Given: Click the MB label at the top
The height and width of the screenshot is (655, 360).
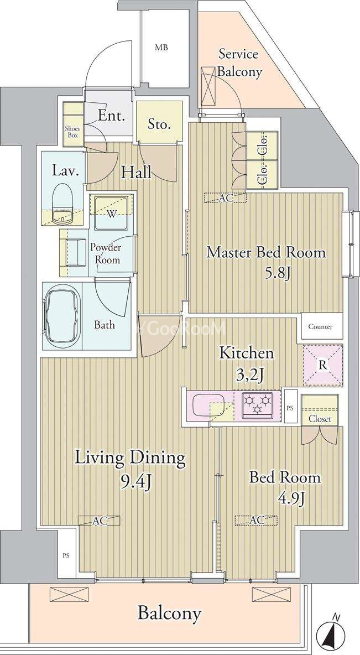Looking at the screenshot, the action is click(161, 48).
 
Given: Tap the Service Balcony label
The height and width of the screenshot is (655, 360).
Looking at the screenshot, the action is click(239, 63).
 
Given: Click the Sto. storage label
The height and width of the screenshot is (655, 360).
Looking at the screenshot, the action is click(159, 124).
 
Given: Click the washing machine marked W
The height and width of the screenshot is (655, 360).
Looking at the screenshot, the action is click(111, 212).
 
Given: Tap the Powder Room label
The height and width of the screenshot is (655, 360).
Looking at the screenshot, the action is click(106, 253).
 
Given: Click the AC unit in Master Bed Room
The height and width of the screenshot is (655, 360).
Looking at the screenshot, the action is click(225, 198).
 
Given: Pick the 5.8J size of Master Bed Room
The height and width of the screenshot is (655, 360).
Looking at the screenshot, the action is click(277, 274).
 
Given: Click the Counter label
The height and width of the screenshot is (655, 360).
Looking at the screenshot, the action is click(321, 326).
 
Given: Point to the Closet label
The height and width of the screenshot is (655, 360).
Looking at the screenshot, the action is click(320, 419).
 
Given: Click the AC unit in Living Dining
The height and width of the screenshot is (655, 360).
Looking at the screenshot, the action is click(100, 521).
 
